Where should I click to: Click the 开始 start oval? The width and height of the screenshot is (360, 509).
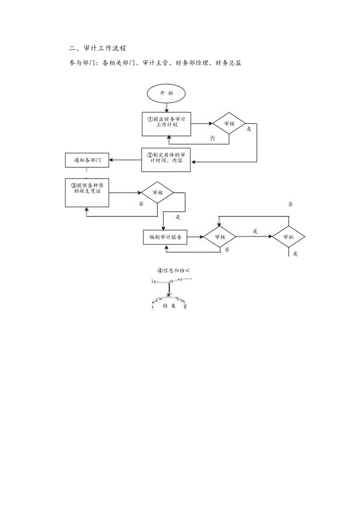point(166,94)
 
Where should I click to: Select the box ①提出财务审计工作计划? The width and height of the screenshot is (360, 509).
point(166,123)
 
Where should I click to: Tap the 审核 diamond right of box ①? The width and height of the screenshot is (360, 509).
point(229,123)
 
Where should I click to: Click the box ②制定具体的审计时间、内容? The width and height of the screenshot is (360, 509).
point(166,160)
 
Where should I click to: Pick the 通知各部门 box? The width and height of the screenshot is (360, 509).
point(87,160)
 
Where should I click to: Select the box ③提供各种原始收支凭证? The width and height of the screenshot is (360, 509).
point(87,192)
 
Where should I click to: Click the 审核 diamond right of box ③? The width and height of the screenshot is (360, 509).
point(157,192)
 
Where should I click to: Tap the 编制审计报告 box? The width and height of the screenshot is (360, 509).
point(165,237)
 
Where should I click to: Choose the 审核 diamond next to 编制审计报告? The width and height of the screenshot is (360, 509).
point(219,237)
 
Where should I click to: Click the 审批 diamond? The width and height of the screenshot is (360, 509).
point(288,237)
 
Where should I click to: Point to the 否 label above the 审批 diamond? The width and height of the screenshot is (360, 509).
point(290,204)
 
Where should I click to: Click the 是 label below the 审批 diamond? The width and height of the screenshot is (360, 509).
point(295,254)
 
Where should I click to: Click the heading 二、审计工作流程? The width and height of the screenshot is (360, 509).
point(97,49)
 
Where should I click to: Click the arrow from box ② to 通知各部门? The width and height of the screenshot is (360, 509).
point(125,160)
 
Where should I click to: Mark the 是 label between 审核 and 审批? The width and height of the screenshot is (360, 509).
point(255,232)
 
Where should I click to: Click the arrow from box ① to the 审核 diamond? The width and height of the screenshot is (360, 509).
point(201,123)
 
